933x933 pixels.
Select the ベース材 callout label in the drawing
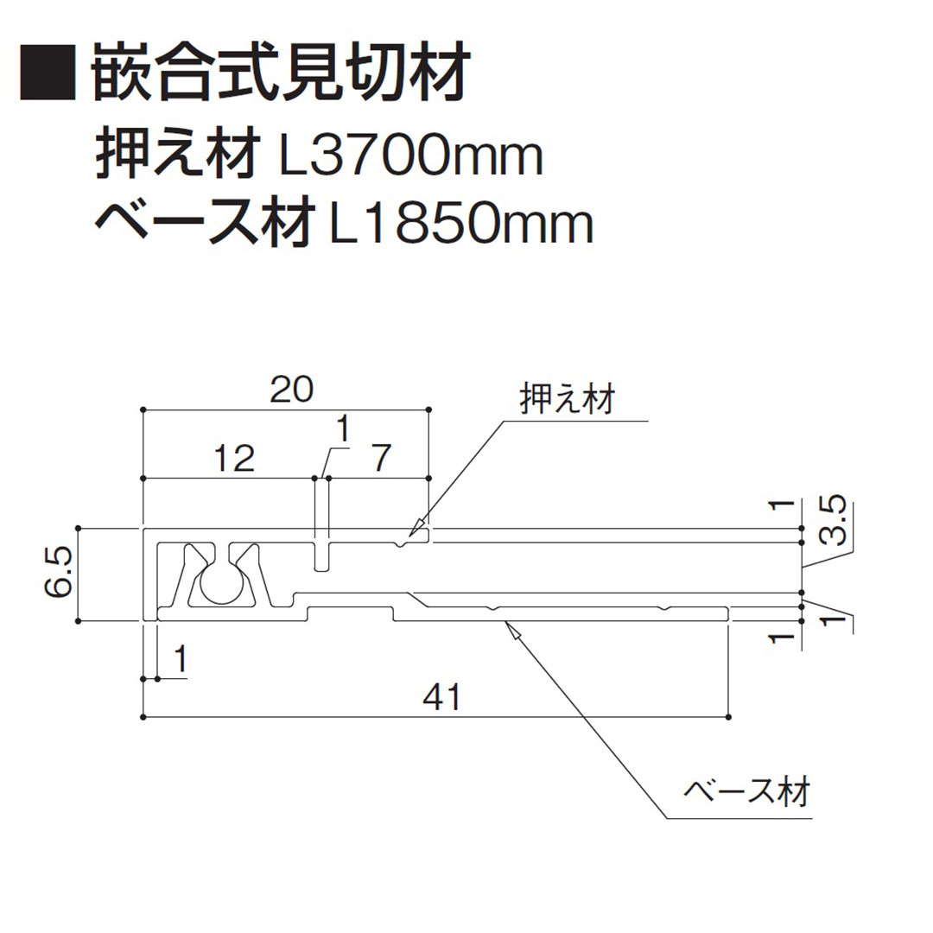pyautogui.click(x=746, y=790)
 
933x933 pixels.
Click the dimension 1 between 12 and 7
pyautogui.click(x=343, y=428)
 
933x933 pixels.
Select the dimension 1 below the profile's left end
pyautogui.click(x=180, y=660)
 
